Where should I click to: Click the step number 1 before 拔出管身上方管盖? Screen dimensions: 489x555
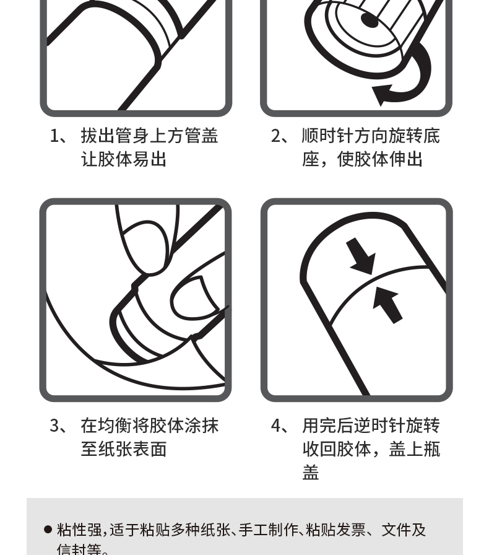(x=55, y=136)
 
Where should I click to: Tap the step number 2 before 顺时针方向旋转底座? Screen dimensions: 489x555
(x=276, y=136)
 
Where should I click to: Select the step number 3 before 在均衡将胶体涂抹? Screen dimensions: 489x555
(x=55, y=426)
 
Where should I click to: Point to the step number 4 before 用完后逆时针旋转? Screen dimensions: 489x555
(x=276, y=426)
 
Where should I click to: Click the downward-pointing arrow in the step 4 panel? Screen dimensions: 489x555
(x=361, y=256)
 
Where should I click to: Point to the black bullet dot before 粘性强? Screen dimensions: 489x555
(x=48, y=530)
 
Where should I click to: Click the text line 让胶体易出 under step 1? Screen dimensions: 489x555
(x=124, y=159)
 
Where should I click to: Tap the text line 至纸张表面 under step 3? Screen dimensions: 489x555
(x=124, y=449)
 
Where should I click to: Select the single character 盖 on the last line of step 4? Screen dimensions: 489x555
(x=311, y=472)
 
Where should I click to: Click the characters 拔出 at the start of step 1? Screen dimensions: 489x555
(x=98, y=136)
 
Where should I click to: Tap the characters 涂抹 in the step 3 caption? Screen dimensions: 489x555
(x=202, y=426)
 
